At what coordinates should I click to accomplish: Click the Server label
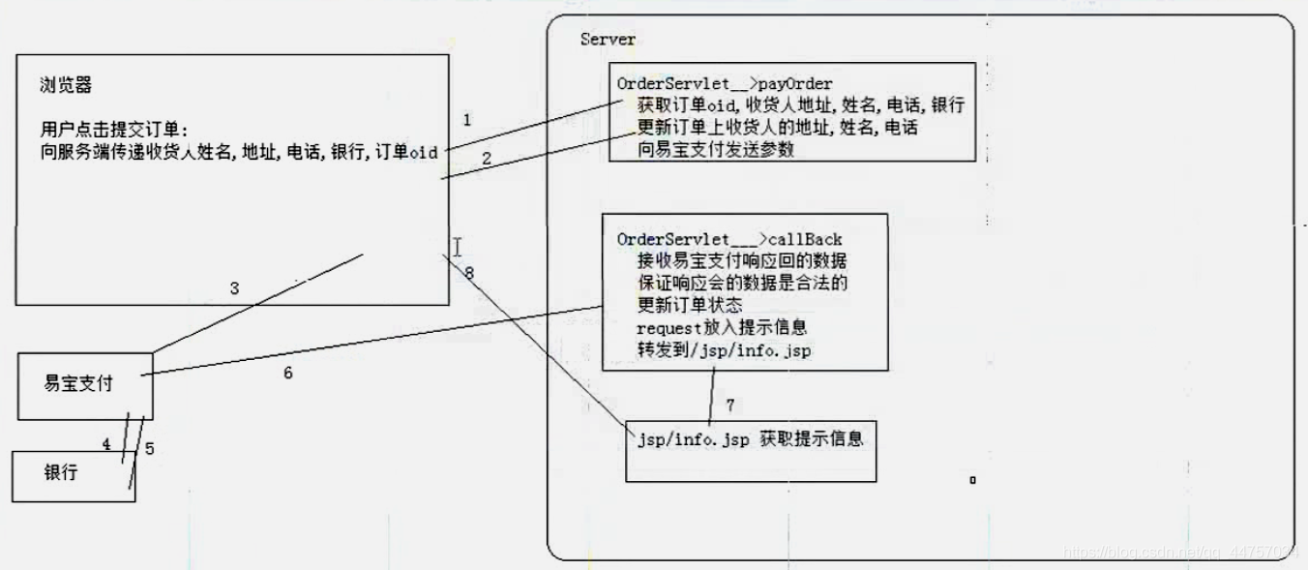point(608,40)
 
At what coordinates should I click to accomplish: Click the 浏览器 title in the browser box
point(66,85)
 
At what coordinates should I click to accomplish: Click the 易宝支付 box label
point(78,383)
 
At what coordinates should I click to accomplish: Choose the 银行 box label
point(60,473)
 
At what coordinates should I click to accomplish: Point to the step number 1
point(467,120)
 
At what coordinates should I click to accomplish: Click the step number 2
point(487,157)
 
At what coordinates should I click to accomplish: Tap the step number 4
point(106,444)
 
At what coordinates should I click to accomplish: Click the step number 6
point(287,373)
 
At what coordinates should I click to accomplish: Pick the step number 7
point(730,405)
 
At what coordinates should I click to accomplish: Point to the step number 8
point(468,273)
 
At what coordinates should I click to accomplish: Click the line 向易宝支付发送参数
point(716,150)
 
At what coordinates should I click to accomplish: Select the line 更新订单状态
point(690,306)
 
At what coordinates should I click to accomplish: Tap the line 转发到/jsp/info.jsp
point(724,350)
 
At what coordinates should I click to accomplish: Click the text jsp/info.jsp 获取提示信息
point(749,439)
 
